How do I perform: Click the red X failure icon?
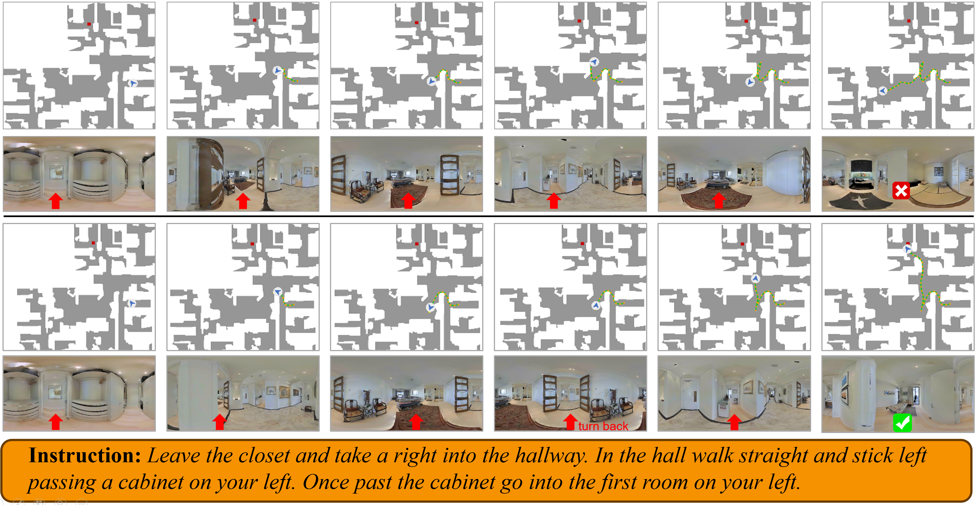pos(901,191)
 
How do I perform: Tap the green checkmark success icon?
pos(902,423)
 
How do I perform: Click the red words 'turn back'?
pos(603,426)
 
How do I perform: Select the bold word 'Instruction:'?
pos(85,456)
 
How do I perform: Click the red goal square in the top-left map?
pos(89,24)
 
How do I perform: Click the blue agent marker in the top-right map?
pos(882,91)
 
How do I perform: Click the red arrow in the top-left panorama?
pos(56,201)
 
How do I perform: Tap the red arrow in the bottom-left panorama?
pos(56,422)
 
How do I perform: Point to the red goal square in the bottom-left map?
pos(93,243)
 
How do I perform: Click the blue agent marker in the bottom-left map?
pos(132,303)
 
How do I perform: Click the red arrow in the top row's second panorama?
pos(243,201)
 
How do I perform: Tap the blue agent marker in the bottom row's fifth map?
pos(756,278)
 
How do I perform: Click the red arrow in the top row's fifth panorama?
pos(719,200)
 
